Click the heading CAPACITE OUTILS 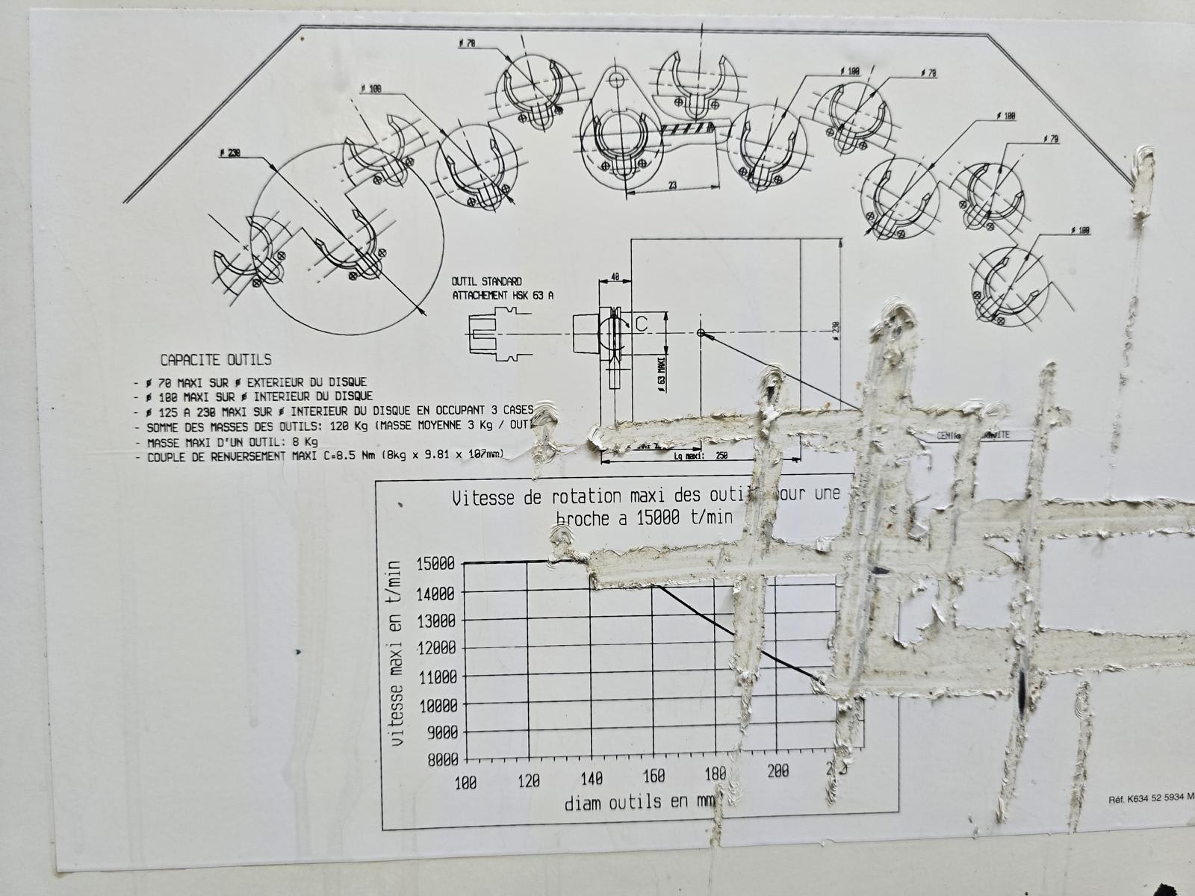(216, 360)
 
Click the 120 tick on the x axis (528, 781)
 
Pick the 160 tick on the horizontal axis (654, 777)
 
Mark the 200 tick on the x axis (778, 771)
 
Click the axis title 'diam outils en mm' (639, 803)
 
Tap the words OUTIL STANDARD (486, 281)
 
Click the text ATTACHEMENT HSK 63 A (503, 295)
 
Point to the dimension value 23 (672, 185)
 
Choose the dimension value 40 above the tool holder (615, 276)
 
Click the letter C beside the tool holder (640, 323)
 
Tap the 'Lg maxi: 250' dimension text (700, 455)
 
